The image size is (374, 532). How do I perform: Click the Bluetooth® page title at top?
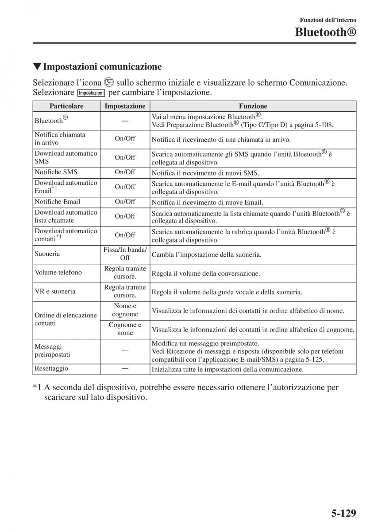326,32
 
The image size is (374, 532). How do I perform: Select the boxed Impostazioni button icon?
91,93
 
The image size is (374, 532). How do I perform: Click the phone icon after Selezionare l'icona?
109,82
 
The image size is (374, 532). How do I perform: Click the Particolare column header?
66,106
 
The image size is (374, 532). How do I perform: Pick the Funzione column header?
253,106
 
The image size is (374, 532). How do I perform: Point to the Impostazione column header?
125,106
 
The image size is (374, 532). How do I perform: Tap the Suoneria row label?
47,254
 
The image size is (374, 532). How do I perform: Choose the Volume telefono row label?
58,273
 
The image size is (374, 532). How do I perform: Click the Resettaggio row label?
51,368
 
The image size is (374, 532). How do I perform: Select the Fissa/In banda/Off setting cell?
125,254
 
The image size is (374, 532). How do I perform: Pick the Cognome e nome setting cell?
125,329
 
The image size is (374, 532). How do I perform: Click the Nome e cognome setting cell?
125,310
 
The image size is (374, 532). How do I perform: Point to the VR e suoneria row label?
55,291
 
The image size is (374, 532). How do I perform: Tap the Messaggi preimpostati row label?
52,351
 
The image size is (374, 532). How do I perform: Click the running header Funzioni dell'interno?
328,20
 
